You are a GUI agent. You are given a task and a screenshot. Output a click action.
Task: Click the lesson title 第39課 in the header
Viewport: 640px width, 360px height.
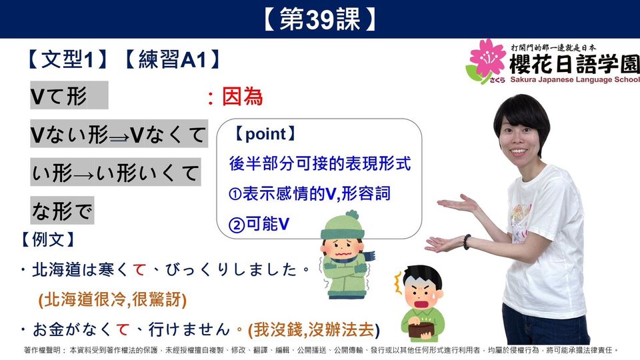tap(319, 19)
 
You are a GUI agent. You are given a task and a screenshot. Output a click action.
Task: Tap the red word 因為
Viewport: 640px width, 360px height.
tap(242, 97)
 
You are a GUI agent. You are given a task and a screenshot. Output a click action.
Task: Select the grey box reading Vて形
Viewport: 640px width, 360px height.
tap(69, 95)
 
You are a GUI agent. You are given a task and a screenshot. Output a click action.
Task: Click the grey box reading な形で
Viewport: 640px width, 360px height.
tap(62, 211)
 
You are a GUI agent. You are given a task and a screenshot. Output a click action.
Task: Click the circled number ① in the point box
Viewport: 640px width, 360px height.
tap(235, 194)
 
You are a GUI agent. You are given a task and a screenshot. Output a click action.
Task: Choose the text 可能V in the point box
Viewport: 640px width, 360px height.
tap(268, 224)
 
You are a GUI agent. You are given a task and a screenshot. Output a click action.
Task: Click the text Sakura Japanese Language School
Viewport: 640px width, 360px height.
tap(575, 79)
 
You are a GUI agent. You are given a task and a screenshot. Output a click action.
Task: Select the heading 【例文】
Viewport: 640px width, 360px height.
tap(48, 239)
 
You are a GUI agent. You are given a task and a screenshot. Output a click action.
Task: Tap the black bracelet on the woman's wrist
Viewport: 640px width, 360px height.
tap(467, 242)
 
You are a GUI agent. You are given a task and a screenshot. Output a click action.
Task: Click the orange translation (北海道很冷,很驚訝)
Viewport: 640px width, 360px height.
tap(113, 299)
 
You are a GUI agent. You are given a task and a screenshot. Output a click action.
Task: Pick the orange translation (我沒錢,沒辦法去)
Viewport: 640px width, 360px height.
tap(314, 330)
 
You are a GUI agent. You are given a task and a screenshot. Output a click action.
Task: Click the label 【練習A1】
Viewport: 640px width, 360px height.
tap(172, 59)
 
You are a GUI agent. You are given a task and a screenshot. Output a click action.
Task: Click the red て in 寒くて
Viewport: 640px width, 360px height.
tap(139, 270)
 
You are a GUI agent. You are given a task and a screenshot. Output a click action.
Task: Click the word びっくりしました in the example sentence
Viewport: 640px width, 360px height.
tap(231, 270)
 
